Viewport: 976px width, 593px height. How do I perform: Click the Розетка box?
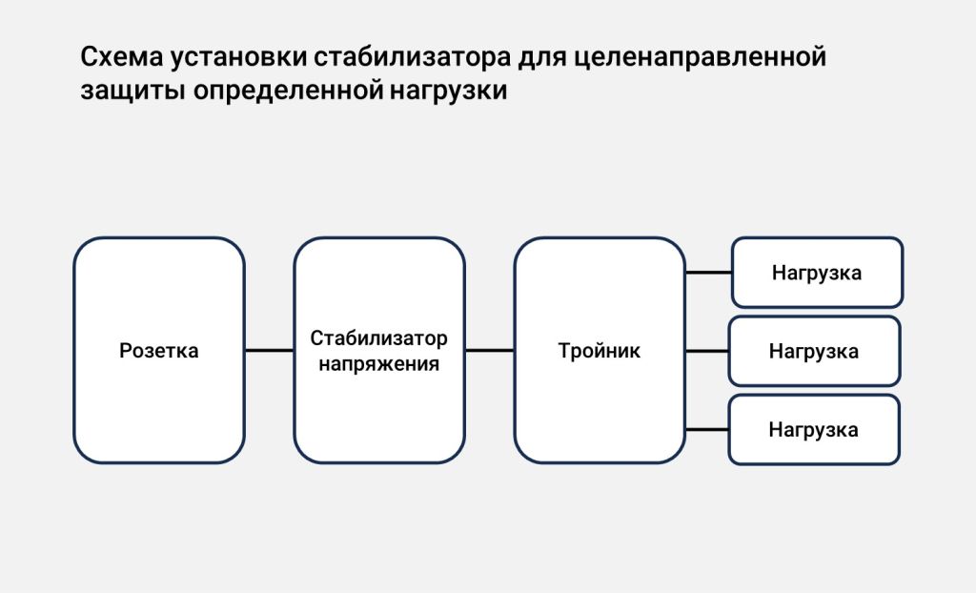pos(159,350)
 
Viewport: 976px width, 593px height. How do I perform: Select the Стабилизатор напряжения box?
pos(379,350)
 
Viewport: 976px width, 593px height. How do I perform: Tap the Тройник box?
pos(600,350)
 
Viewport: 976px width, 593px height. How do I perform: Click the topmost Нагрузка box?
pos(817,273)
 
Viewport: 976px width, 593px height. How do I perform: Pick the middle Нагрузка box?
pos(814,351)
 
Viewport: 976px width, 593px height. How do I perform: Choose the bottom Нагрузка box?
pos(814,429)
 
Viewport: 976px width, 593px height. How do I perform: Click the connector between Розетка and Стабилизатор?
pos(269,350)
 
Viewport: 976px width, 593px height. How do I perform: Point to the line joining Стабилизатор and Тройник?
pos(489,350)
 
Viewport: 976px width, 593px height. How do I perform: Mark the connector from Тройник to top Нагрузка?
pos(708,273)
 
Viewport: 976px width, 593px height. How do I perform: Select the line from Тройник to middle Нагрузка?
pos(707,351)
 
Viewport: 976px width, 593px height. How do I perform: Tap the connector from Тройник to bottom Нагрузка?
pos(707,429)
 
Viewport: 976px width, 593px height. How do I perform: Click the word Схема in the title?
pos(122,56)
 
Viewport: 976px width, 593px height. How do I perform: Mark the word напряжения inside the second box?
pos(379,364)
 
